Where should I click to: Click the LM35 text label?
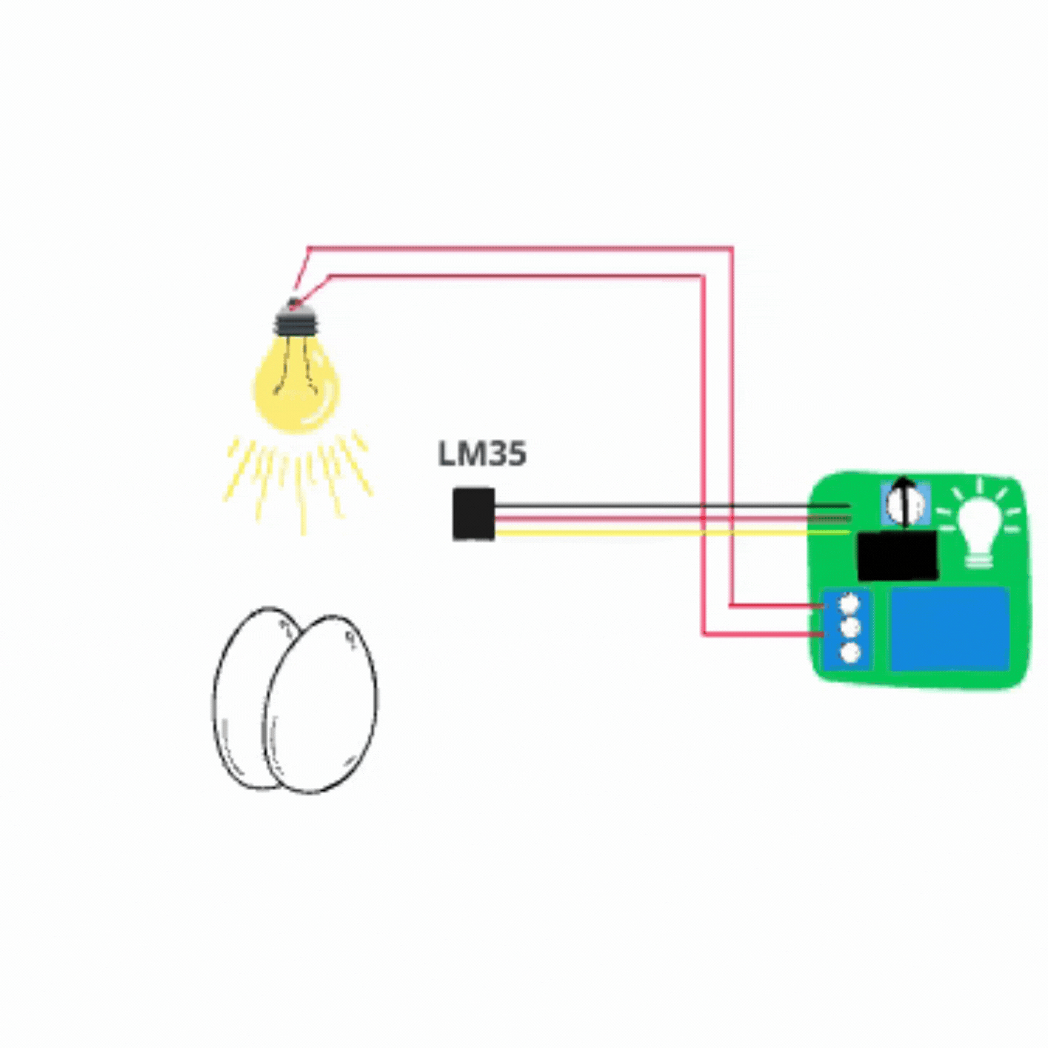(x=482, y=455)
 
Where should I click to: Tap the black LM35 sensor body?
(x=474, y=514)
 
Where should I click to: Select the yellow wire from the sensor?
(x=672, y=533)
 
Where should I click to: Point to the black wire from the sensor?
(x=672, y=506)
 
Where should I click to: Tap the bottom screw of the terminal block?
(x=850, y=653)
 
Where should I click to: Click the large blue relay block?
(x=949, y=629)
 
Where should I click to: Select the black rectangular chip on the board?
(x=898, y=555)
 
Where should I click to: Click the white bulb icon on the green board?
(x=979, y=523)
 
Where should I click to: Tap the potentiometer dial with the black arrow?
(x=905, y=505)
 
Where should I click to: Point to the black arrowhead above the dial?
(x=904, y=482)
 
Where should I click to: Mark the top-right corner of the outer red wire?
(x=732, y=248)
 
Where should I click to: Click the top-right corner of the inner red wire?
(x=703, y=276)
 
